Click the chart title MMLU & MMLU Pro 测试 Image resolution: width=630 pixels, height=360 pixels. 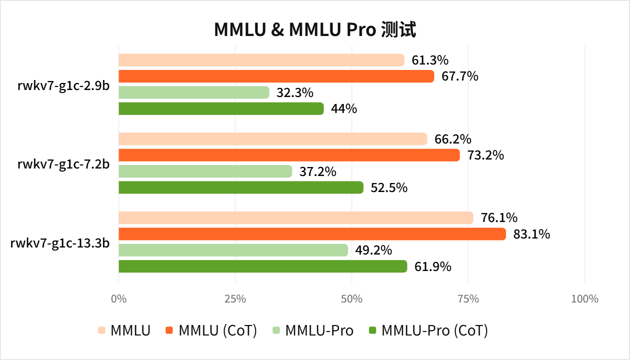click(x=315, y=30)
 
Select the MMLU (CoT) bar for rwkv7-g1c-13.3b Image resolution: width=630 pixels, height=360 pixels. click(x=312, y=234)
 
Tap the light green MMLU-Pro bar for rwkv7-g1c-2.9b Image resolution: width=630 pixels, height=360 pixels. click(x=193, y=92)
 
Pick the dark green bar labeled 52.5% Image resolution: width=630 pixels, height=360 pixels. click(x=240, y=187)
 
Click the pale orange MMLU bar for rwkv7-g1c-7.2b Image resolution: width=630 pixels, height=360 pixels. click(x=272, y=139)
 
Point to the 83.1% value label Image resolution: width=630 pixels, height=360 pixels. click(x=531, y=234)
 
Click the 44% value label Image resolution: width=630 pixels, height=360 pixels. click(x=343, y=108)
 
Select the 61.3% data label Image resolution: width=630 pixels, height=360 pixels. click(x=429, y=60)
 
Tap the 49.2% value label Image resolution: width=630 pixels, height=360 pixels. click(x=373, y=250)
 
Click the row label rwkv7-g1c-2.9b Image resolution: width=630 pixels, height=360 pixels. click(x=63, y=84)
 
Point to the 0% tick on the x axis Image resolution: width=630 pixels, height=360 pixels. click(x=118, y=299)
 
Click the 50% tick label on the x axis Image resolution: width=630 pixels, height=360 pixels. click(x=351, y=299)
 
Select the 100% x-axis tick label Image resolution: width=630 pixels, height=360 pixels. click(x=584, y=299)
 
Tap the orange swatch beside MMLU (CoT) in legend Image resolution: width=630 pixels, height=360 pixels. click(x=169, y=330)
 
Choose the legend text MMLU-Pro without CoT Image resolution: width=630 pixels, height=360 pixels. click(x=319, y=330)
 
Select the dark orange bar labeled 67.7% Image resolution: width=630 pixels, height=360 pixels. click(x=276, y=76)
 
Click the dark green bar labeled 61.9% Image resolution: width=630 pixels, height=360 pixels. click(x=262, y=266)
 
